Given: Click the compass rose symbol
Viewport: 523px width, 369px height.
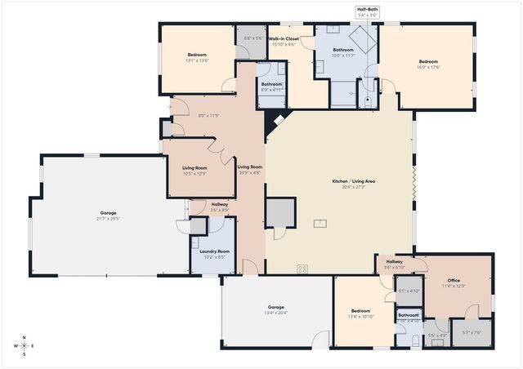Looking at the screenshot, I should (x=25, y=345).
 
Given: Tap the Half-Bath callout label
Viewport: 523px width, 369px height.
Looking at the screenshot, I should (x=367, y=9).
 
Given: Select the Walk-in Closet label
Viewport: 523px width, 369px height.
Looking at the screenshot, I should (x=283, y=38).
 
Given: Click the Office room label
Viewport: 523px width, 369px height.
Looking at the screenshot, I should (x=454, y=279).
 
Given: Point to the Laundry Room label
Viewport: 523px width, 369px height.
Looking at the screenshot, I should (x=211, y=251).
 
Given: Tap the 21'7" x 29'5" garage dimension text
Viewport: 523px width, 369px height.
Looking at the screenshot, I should (x=108, y=219).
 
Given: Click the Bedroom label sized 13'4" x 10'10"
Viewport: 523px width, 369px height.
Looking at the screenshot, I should (x=361, y=311).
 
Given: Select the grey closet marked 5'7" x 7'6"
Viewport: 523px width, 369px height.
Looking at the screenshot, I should (x=472, y=332).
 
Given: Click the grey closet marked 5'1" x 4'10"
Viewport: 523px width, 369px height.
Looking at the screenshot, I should (x=408, y=290).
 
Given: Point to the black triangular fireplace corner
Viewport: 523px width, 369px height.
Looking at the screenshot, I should (x=273, y=123).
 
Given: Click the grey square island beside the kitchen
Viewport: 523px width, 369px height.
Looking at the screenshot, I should (x=279, y=212).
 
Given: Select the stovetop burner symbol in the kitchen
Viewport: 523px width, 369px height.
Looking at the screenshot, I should (x=302, y=268).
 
